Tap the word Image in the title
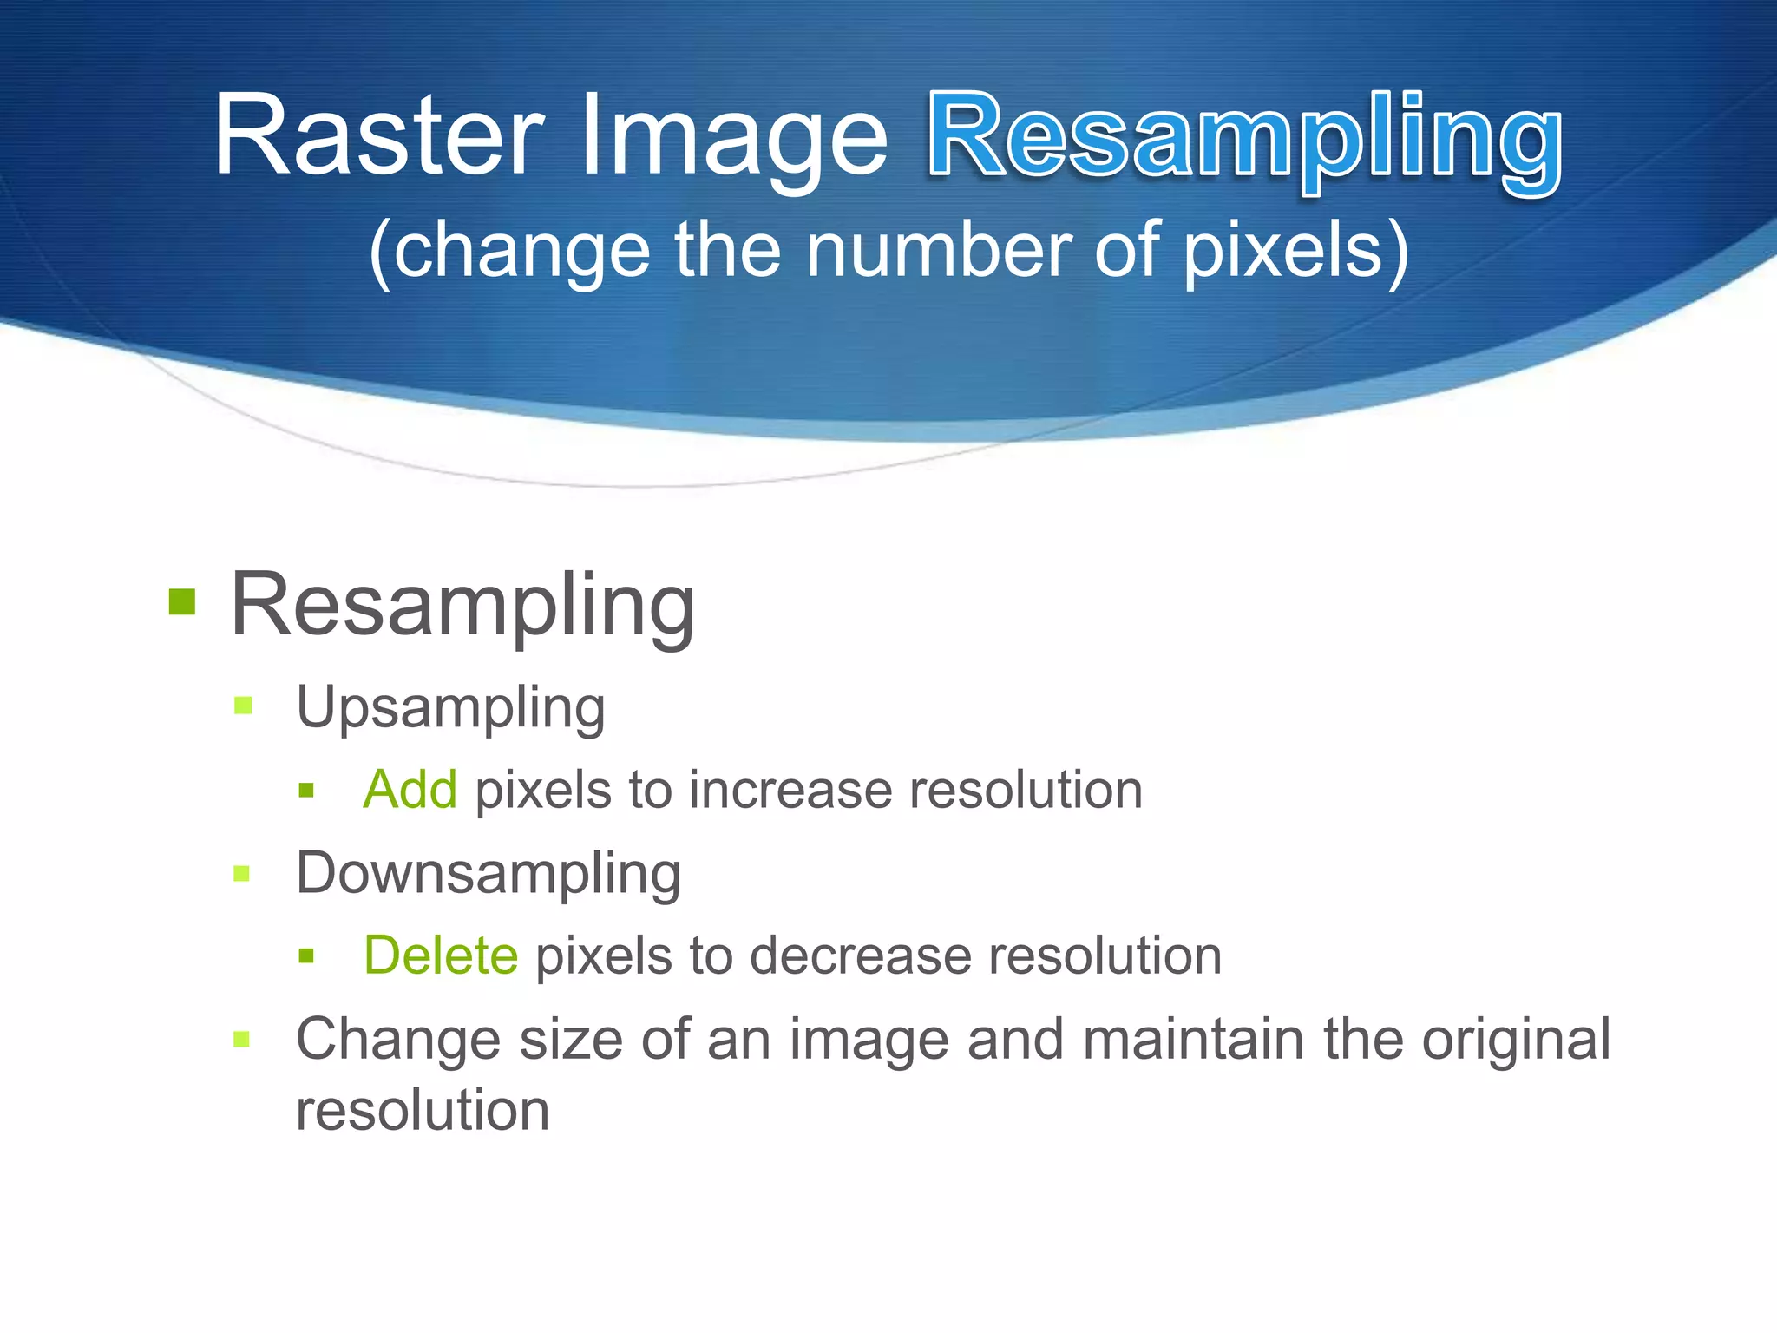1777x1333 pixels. pyautogui.click(x=734, y=137)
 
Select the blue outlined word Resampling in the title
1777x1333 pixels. pyautogui.click(x=1246, y=139)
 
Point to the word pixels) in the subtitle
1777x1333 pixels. pyautogui.click(x=1296, y=250)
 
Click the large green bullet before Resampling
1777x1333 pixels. pyautogui.click(x=182, y=601)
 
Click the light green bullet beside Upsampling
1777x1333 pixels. pyautogui.click(x=243, y=706)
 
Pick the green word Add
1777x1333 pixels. pyautogui.click(x=410, y=790)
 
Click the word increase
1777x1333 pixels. pyautogui.click(x=790, y=790)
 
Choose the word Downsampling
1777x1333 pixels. pyautogui.click(x=489, y=875)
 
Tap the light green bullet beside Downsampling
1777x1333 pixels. pyautogui.click(x=243, y=873)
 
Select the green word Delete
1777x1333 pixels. pyautogui.click(x=441, y=955)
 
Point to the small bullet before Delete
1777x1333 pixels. pyautogui.click(x=305, y=956)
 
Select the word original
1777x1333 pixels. pyautogui.click(x=1515, y=1039)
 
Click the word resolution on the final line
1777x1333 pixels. pyautogui.click(x=423, y=1110)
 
